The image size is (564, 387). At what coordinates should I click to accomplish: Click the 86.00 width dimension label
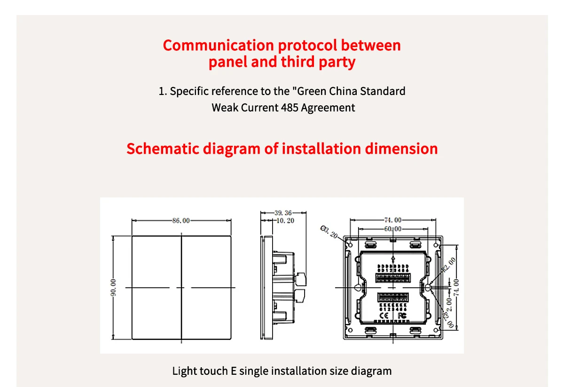coord(181,221)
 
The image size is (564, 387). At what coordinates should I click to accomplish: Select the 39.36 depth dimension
coord(283,213)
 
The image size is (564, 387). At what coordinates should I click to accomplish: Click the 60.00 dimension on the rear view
coord(393,229)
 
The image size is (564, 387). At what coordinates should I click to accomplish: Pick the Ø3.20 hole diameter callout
coord(329,232)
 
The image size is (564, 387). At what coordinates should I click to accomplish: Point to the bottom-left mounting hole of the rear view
coord(348,330)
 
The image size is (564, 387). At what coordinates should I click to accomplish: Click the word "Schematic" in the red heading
coord(163,149)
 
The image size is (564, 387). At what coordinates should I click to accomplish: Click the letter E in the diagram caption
coord(233,371)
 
